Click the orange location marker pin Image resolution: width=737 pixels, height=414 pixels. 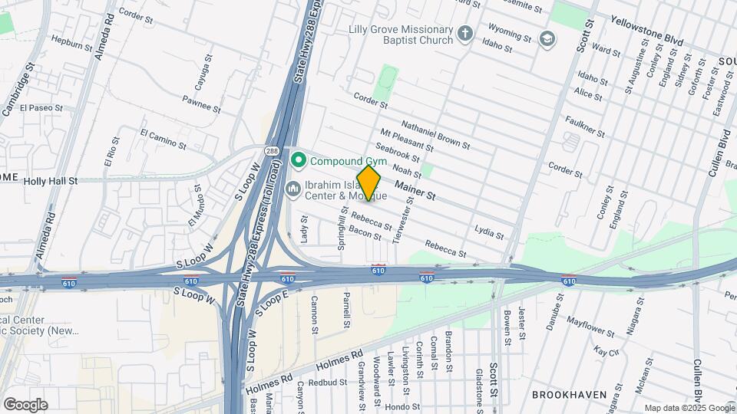(369, 182)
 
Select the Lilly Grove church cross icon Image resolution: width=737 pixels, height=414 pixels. (464, 33)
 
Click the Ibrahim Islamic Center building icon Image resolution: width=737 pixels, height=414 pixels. (292, 189)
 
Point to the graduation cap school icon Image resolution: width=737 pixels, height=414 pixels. (547, 39)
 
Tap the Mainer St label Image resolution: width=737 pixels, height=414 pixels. (415, 191)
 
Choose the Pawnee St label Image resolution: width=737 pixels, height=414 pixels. (201, 104)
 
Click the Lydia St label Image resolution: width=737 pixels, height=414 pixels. (489, 232)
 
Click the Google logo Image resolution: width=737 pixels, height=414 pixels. (25, 404)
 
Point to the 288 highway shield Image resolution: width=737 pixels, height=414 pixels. (272, 150)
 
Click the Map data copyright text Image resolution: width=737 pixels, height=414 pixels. (689, 408)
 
